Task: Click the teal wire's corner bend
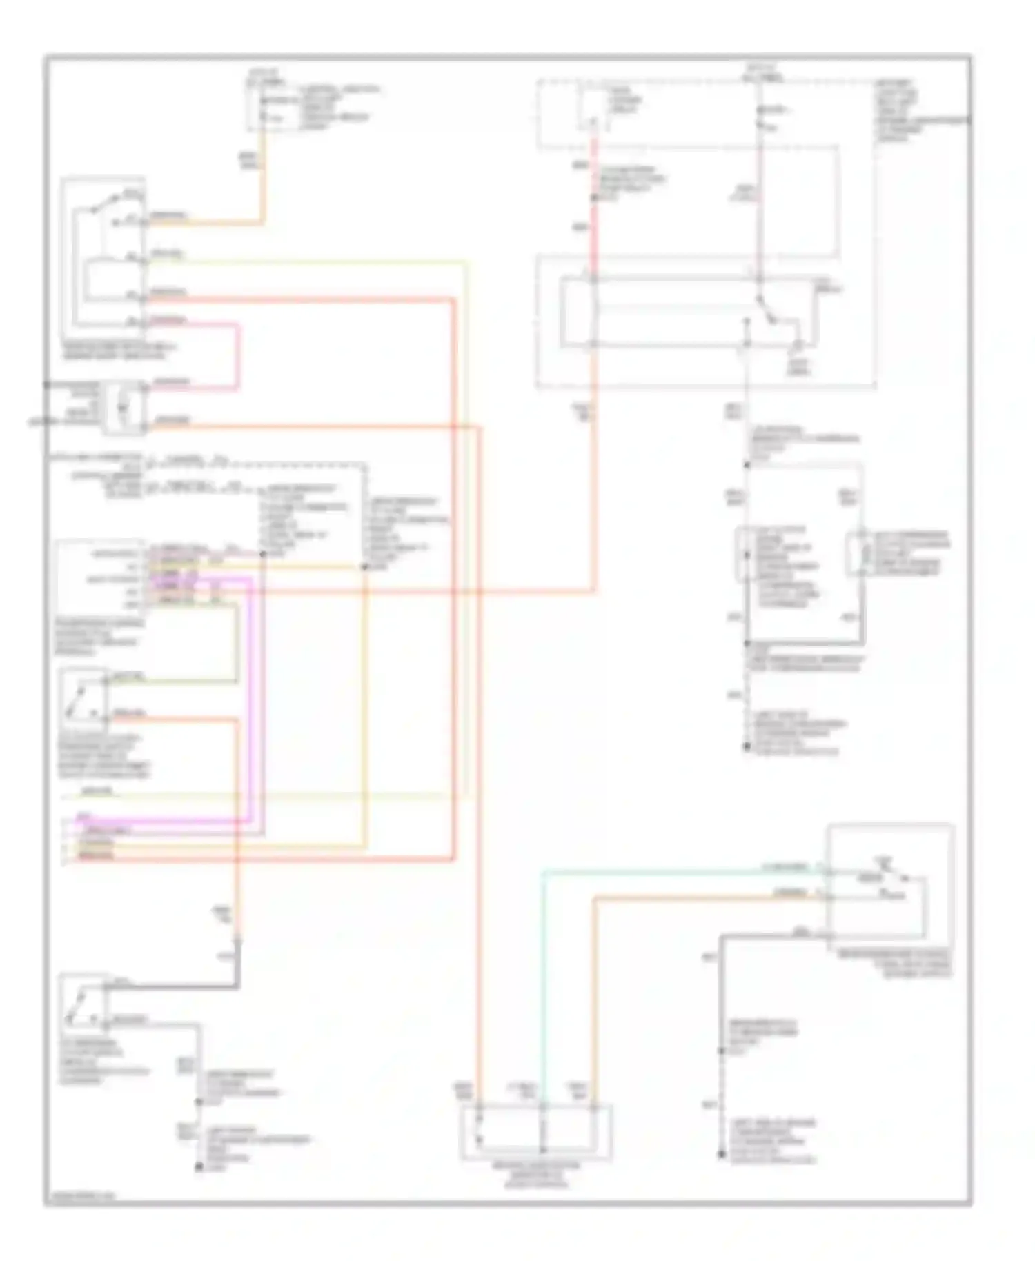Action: click(x=544, y=873)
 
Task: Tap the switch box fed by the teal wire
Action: click(x=890, y=886)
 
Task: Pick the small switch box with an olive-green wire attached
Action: click(x=83, y=699)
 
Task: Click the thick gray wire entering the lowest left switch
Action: click(x=172, y=986)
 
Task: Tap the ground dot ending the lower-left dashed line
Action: click(x=199, y=1166)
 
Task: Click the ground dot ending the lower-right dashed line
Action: click(x=722, y=1153)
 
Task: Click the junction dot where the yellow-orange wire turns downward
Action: click(x=364, y=567)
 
